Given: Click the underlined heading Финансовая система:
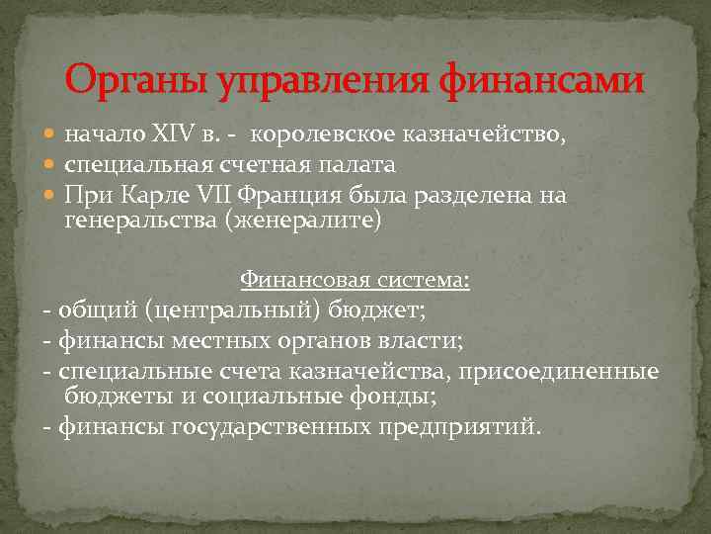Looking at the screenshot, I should tap(355, 281).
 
